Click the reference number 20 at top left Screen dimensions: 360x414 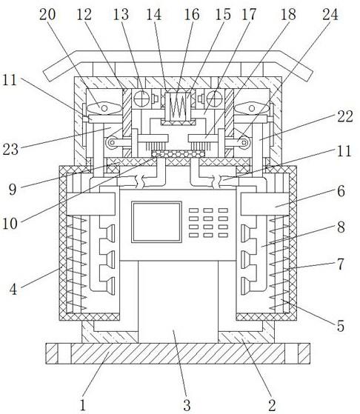(x=47, y=15)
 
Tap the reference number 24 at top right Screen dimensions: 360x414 (x=330, y=14)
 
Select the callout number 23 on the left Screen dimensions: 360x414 (x=10, y=150)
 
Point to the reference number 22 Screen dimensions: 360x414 (x=345, y=116)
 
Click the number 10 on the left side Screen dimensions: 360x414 (x=10, y=224)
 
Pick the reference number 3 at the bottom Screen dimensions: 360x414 (x=187, y=405)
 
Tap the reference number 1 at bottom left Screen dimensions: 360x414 (x=83, y=405)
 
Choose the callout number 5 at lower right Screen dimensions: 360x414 (x=341, y=326)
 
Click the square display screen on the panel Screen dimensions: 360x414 (x=156, y=222)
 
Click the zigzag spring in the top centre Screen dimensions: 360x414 (x=178, y=106)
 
